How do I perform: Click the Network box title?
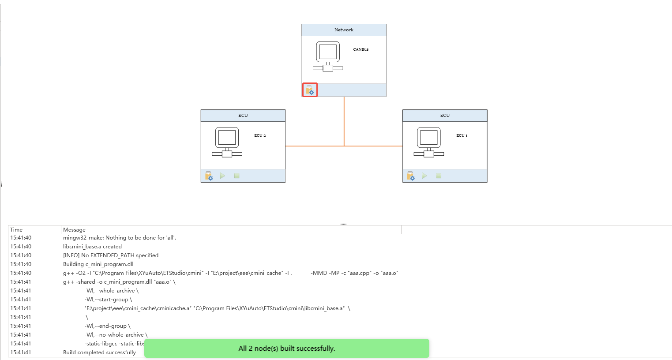pos(344,30)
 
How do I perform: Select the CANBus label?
pos(360,49)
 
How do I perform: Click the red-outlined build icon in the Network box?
pos(310,90)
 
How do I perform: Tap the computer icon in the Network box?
pos(328,56)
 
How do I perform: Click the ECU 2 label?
pos(260,135)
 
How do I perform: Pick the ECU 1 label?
pos(462,135)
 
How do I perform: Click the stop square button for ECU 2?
pos(237,176)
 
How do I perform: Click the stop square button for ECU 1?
pos(439,176)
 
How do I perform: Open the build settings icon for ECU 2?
pos(209,176)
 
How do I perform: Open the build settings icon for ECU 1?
pos(411,176)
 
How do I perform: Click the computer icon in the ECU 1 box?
pos(429,142)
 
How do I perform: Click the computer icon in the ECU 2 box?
pos(227,142)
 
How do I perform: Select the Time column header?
pos(16,229)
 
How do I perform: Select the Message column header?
pos(74,229)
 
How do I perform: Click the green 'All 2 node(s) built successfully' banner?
pos(286,348)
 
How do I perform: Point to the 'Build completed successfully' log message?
pos(99,352)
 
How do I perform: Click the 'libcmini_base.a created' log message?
pos(92,246)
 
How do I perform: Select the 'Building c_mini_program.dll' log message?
pos(98,264)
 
